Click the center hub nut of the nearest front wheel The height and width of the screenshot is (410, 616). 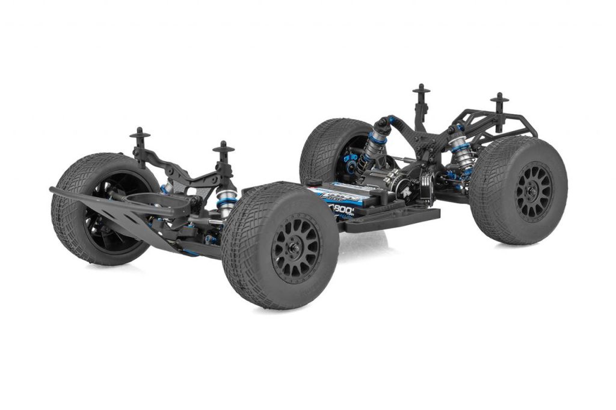click(x=296, y=248)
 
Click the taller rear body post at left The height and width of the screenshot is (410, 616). click(x=421, y=105)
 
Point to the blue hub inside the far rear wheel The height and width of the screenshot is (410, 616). click(x=351, y=159)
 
